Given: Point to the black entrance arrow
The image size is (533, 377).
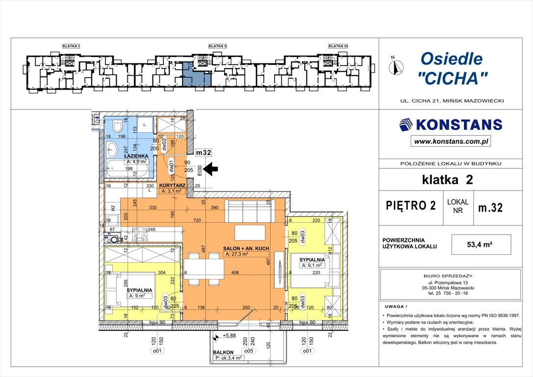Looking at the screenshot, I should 211,169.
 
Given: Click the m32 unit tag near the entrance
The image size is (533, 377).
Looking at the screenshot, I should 203,153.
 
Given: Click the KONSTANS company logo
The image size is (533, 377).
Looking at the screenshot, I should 451,124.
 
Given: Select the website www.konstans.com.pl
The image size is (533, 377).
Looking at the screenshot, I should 451,141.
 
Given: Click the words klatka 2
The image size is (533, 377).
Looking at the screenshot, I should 448,180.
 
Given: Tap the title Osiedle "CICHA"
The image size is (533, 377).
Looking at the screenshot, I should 452,68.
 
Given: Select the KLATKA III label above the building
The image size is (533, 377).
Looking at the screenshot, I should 338,46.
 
